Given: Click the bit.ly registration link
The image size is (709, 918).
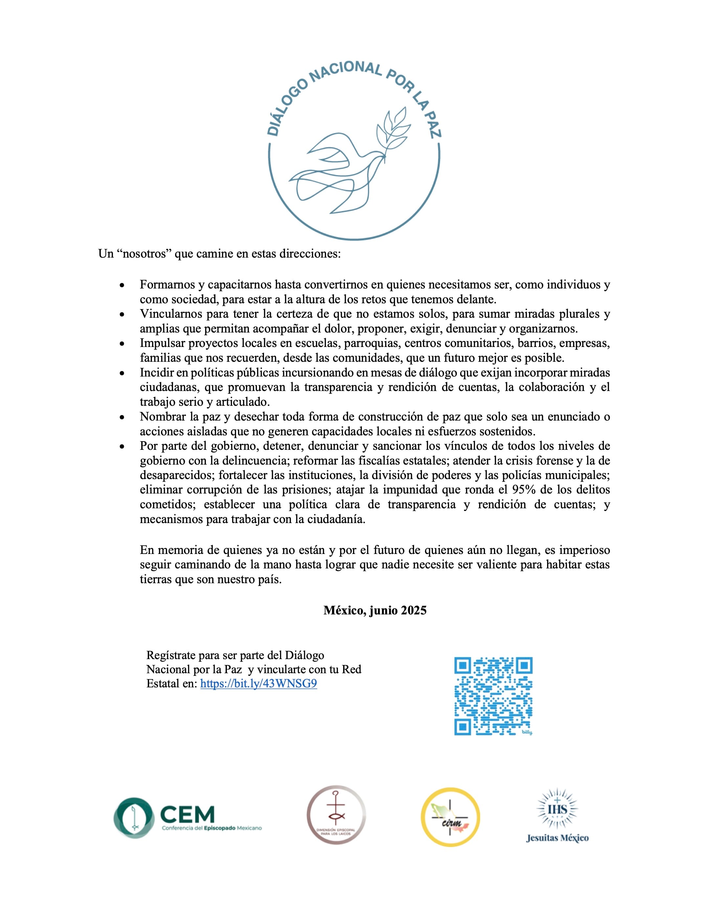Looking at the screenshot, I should click(258, 684).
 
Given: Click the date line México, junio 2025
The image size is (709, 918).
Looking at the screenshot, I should click(375, 610).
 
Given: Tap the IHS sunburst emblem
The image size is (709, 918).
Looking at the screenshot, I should click(557, 809).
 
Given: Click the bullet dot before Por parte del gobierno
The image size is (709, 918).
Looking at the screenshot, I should click(122, 447).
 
